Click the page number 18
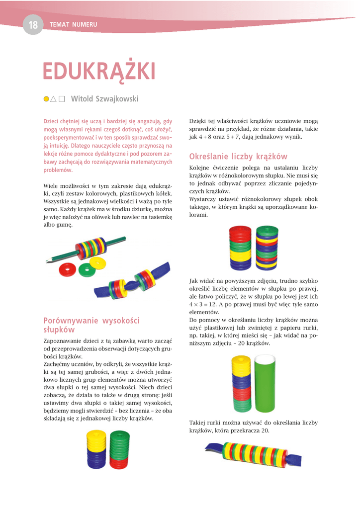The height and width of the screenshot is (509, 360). point(33,25)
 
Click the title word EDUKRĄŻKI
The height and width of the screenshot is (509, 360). point(98,72)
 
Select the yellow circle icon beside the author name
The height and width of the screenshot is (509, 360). point(46,99)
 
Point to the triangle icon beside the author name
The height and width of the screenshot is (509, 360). point(54,99)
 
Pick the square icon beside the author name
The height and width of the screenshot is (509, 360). point(62,99)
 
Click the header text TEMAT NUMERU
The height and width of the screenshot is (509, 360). point(73,25)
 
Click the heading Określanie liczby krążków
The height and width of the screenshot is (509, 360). point(238,157)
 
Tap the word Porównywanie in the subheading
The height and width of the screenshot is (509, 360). point(71,321)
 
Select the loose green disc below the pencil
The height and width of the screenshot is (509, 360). point(86,270)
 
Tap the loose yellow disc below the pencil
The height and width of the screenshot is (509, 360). point(99,262)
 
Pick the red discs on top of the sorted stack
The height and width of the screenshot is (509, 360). point(240,232)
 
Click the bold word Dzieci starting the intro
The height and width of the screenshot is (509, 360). point(52,121)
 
